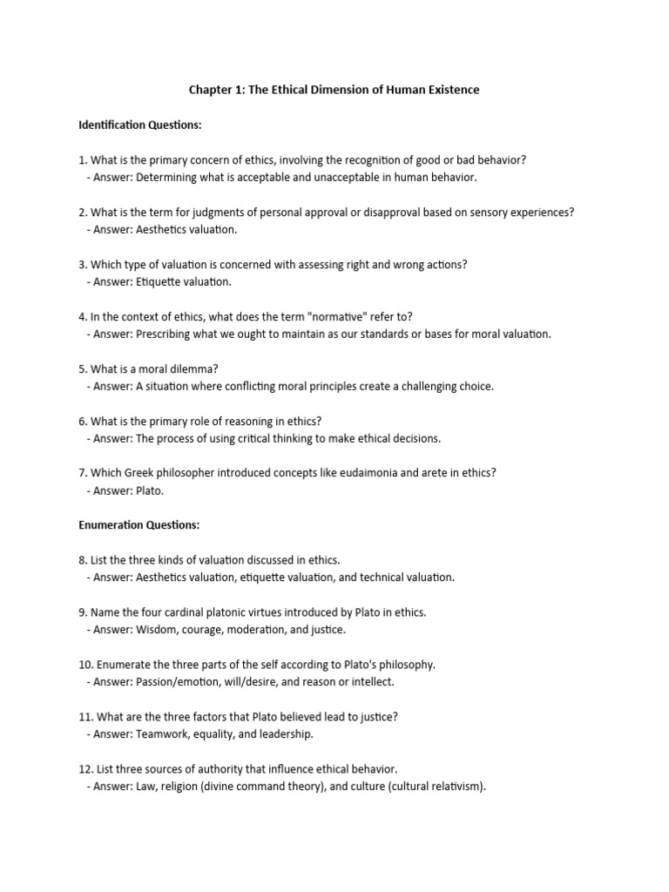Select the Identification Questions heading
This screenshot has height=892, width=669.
[x=140, y=125]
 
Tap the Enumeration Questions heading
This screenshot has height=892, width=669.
[x=139, y=525]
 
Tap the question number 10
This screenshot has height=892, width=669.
[x=84, y=665]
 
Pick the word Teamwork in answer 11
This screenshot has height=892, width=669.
[x=158, y=734]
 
